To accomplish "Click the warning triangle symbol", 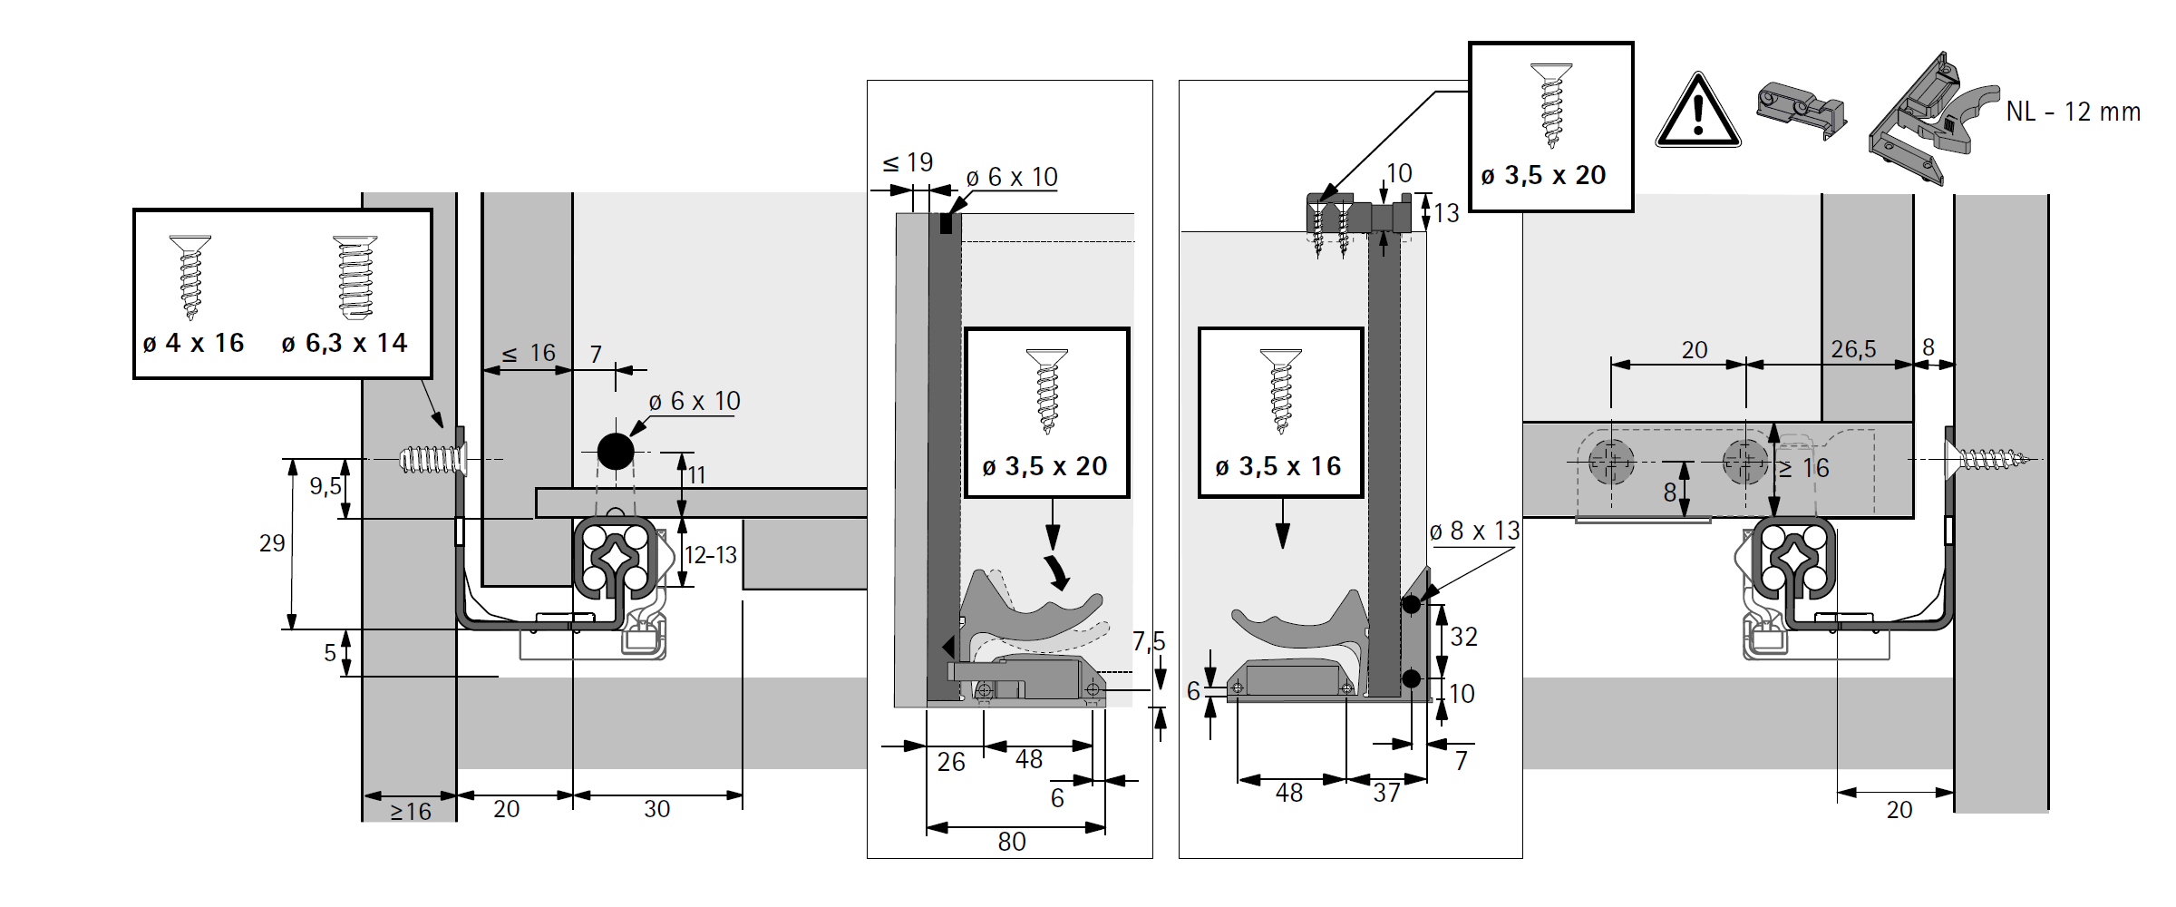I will (x=1697, y=112).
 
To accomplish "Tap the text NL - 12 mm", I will (x=2073, y=112).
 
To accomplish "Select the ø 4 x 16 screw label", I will (x=193, y=344).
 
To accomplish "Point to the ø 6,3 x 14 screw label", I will (x=345, y=344).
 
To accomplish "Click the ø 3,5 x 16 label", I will (x=1278, y=467).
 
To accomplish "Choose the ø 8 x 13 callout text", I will (x=1474, y=532).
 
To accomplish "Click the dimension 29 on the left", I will (x=272, y=543).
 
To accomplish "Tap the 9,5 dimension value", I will (x=325, y=486).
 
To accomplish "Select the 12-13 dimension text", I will (x=711, y=555).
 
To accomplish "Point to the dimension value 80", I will (x=1012, y=842).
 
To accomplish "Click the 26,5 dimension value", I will (x=1853, y=349).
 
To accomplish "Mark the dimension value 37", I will (x=1386, y=793).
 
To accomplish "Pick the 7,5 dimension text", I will (x=1149, y=642).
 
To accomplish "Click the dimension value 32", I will (x=1463, y=637).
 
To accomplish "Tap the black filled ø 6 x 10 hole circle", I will (x=616, y=452).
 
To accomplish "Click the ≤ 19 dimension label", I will (x=908, y=163).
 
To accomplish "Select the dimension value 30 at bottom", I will (x=656, y=809).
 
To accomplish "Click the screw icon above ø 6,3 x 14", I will (x=355, y=277).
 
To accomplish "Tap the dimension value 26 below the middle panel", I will (x=951, y=762).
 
